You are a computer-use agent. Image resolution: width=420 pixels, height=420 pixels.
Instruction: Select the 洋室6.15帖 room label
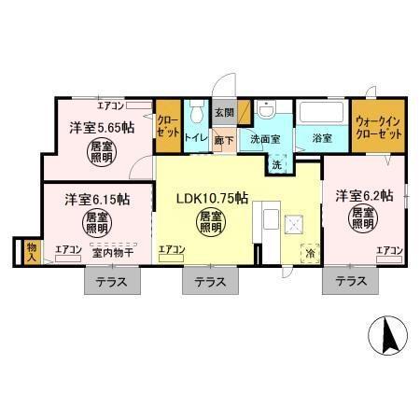click(96, 200)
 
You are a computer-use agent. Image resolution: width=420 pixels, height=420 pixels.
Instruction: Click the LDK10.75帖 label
click(212, 198)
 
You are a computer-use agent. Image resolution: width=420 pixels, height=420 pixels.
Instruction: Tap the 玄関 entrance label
click(224, 112)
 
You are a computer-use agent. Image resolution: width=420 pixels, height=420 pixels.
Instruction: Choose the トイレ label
click(196, 138)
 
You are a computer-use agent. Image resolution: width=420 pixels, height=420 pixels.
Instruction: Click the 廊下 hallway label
click(224, 139)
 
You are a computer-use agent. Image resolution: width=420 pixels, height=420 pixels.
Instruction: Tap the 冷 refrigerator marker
click(309, 252)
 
